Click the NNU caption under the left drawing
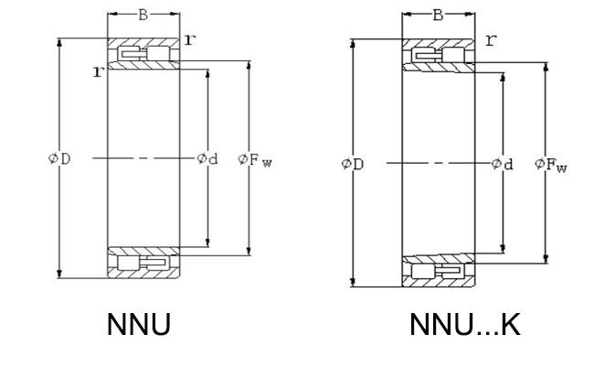tap(139, 325)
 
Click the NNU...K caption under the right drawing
tap(465, 325)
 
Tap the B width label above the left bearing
tap(143, 15)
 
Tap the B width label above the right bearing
tap(438, 16)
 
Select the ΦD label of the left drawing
tap(59, 158)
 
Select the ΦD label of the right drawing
tap(353, 164)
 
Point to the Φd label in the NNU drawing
tap(207, 158)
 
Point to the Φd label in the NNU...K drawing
tap(502, 164)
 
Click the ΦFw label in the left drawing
tap(255, 160)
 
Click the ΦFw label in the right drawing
tap(551, 165)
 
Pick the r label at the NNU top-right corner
tap(190, 39)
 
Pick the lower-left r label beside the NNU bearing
tap(98, 71)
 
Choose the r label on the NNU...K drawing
tap(491, 40)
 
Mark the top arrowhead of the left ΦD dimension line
tap(59, 42)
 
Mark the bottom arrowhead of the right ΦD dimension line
tap(353, 283)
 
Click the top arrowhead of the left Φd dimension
tap(207, 73)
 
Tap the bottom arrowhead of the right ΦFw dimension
tap(546, 259)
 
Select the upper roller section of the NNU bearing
tap(144, 53)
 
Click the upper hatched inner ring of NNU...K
tap(439, 67)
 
